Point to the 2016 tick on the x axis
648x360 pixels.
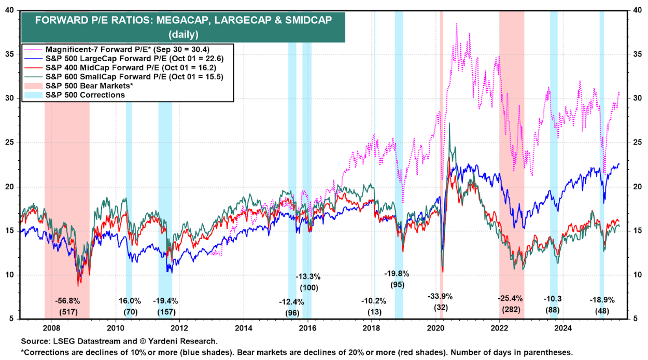(x=307, y=327)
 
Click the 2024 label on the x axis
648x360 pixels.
(x=564, y=327)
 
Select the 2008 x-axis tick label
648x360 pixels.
(x=51, y=327)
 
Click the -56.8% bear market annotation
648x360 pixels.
(x=67, y=300)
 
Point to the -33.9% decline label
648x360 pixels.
(x=440, y=297)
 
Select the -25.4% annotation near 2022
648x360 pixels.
(x=510, y=299)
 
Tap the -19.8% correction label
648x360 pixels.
(x=397, y=273)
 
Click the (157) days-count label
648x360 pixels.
(x=165, y=312)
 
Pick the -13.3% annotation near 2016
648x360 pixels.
(x=308, y=276)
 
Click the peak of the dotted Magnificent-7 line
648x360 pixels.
(x=456, y=24)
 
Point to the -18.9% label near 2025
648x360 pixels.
(x=602, y=300)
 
